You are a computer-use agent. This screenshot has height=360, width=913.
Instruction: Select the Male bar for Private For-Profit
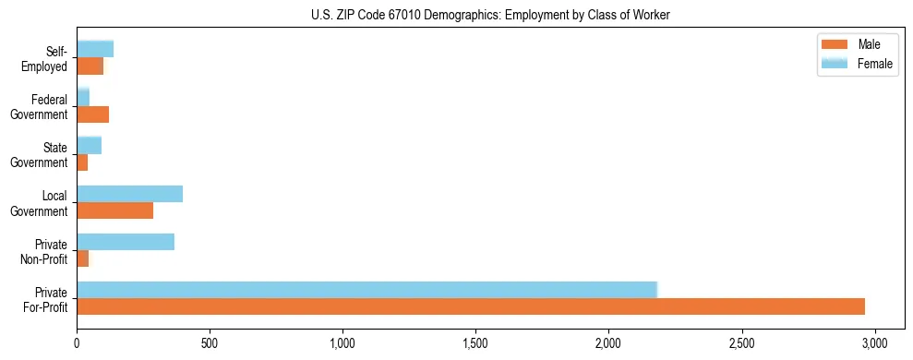471,306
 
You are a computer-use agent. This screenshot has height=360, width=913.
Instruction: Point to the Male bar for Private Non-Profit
83,258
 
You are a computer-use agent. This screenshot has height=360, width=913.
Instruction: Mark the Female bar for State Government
89,145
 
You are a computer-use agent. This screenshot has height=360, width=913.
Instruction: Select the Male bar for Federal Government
93,114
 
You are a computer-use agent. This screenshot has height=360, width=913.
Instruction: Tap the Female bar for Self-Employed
95,49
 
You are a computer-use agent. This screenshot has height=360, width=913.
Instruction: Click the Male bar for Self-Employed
90,66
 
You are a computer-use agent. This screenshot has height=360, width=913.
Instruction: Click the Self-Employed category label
45,59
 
